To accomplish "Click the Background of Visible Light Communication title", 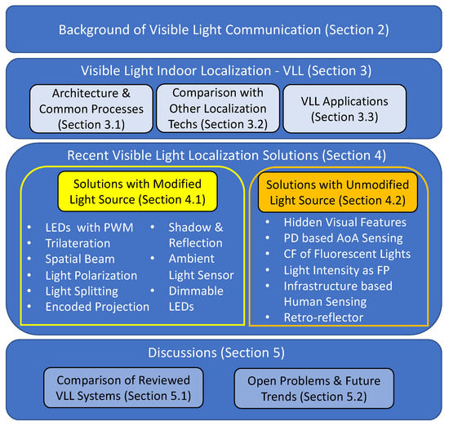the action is (224, 29).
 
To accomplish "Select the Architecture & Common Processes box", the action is (91, 109).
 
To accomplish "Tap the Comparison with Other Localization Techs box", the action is (218, 109).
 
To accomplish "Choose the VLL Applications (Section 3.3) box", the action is (345, 109).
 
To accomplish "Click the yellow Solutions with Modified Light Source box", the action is (137, 191).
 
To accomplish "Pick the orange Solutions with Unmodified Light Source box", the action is (338, 192).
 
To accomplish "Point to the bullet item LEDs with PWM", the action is (89, 228).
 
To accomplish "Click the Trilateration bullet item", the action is (78, 243).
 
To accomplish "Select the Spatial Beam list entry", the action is (80, 259).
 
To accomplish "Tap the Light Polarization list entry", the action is (91, 275).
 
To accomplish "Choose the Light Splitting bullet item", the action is (82, 291).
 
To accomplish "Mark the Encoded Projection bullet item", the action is (97, 307).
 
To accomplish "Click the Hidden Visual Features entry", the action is (345, 223).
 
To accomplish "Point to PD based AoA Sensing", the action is (343, 238).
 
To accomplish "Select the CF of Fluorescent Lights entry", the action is (347, 254).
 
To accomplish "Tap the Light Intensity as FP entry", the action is (336, 270).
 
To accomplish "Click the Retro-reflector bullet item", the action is (323, 317).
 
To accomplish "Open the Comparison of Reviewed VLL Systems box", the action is (123, 388).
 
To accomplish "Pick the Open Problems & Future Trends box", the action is (313, 388).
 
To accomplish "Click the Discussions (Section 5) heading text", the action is (216, 353).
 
